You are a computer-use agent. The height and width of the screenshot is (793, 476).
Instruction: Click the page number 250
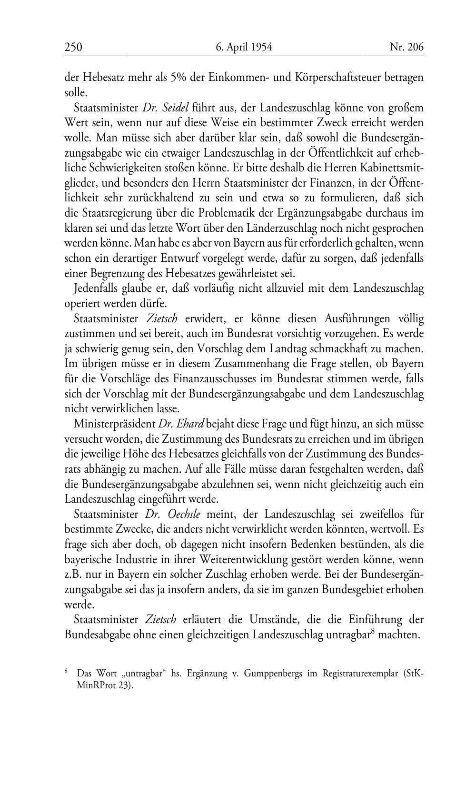73,47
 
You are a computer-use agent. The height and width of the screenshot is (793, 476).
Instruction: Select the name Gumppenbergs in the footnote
285,674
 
